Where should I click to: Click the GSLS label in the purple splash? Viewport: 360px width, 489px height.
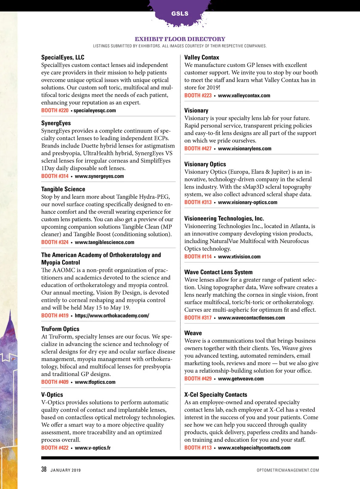coord(180,13)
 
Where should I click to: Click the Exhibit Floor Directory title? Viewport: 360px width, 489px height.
coord(180,39)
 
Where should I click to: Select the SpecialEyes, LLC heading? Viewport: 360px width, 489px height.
coord(63,57)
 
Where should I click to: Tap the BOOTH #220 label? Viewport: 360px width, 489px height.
coord(55,110)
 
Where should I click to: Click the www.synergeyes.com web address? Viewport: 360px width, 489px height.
coord(99,176)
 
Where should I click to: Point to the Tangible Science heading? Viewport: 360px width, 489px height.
coord(63,189)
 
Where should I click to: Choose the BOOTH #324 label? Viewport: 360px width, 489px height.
coord(55,242)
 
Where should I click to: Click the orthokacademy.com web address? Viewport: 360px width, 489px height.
coord(112,315)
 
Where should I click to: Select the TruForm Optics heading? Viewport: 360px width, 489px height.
coord(60,329)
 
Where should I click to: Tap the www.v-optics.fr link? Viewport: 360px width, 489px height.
coord(93,448)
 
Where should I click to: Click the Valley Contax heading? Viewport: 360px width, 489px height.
coord(202,57)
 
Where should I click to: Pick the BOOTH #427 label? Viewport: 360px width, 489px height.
coord(198,148)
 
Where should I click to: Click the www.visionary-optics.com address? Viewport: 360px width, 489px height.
coord(247,202)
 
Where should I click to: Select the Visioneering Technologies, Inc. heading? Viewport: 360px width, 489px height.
coord(224,218)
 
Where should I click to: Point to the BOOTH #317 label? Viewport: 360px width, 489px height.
coord(198,318)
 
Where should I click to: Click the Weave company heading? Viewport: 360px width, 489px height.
coord(193,333)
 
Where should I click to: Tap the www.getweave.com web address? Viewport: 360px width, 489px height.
coord(241,379)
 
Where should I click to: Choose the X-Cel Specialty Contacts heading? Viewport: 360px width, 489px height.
coord(216,395)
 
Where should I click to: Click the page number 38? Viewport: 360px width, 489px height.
coord(44,469)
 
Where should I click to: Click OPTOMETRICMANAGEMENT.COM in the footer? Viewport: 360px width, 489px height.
coord(288,470)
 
